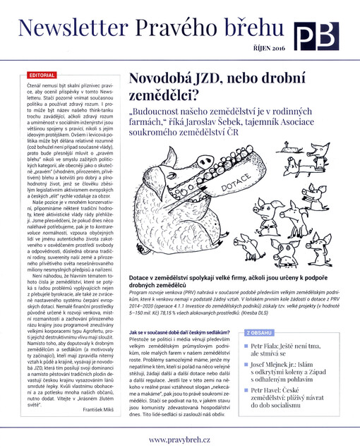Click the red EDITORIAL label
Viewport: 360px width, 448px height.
click(40, 75)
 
